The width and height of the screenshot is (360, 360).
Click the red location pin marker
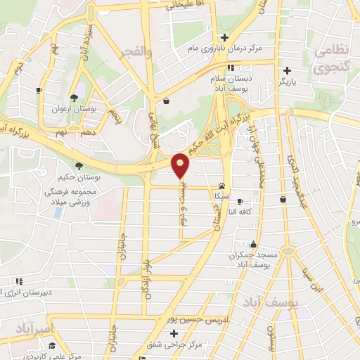tap(181, 165)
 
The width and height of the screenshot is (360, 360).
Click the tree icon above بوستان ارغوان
tap(75, 98)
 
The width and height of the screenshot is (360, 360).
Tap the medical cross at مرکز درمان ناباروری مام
tap(224, 37)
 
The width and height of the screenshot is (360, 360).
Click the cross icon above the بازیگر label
tap(287, 70)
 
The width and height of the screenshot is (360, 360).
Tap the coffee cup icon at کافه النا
tap(240, 200)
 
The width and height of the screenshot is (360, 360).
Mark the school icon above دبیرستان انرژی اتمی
tap(19, 281)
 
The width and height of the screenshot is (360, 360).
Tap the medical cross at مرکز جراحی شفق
tap(173, 333)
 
